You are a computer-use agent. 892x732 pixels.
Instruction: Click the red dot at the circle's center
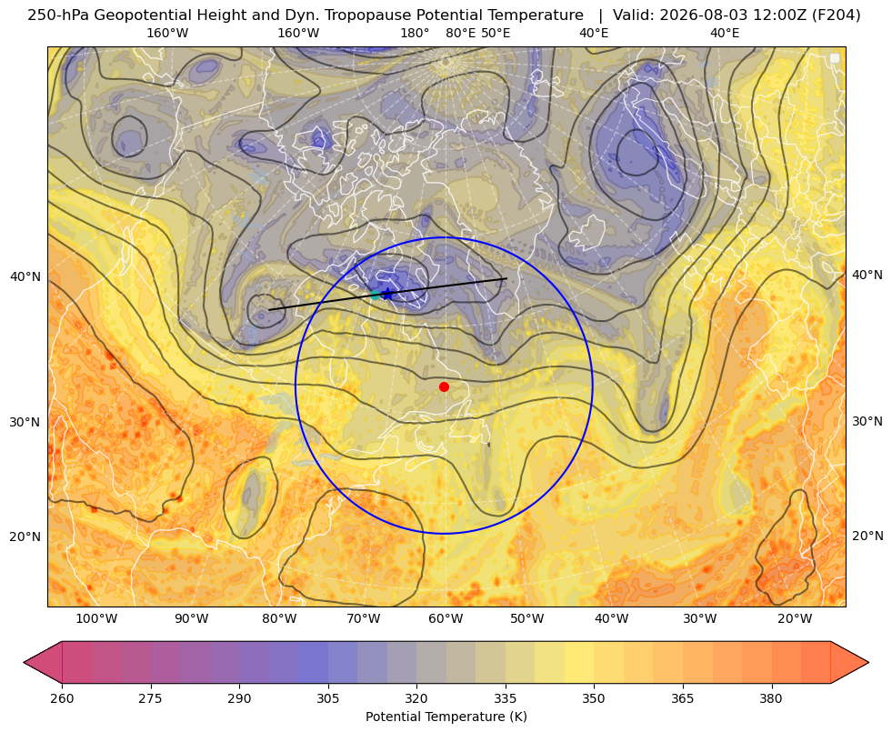point(445,386)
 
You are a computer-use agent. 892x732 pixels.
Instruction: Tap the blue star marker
point(388,294)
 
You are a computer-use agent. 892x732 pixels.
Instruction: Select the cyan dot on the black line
point(376,295)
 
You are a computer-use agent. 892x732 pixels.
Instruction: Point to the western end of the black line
point(269,309)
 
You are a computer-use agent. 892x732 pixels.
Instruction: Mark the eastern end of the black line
point(506,278)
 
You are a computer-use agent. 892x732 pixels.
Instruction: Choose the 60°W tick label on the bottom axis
point(446,619)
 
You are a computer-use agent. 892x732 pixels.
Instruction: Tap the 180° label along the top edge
point(415,33)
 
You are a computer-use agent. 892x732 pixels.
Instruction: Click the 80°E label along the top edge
point(460,33)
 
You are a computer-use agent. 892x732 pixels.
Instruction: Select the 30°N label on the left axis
point(25,422)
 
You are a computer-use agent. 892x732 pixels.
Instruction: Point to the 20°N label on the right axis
point(867,536)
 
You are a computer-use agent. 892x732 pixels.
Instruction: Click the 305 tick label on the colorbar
point(327,698)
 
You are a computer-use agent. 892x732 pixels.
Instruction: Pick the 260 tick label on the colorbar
point(62,698)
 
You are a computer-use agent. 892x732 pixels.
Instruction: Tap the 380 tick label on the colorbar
point(771,698)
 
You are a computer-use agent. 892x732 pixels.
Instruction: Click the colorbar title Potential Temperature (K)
point(446,717)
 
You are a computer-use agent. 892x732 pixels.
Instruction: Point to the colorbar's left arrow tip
point(24,662)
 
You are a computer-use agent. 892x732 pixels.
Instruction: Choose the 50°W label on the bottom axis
point(526,619)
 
